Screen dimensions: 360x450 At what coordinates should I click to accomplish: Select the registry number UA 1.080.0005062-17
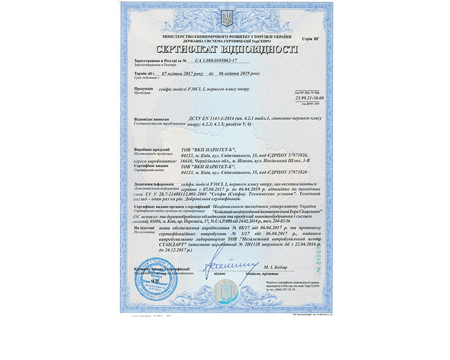[217, 61]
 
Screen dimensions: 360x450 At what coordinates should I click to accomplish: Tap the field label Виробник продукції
[154, 148]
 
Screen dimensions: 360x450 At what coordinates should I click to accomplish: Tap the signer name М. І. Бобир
[275, 266]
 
